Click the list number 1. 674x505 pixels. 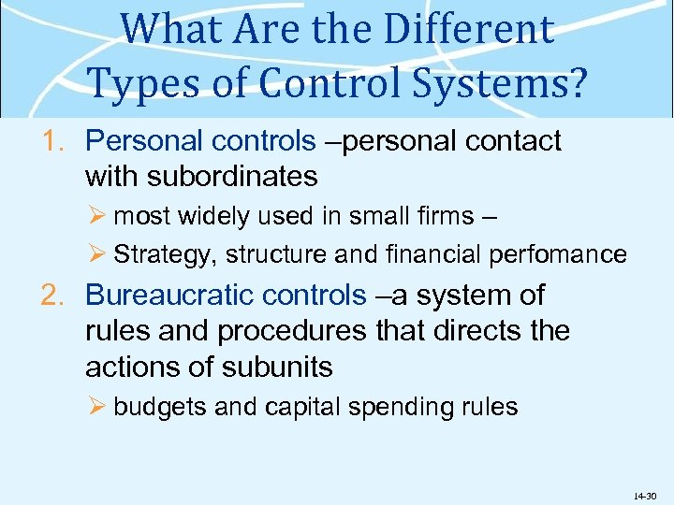click(52, 141)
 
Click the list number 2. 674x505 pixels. click(52, 296)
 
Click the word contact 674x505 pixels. click(509, 141)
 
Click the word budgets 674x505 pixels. click(160, 408)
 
